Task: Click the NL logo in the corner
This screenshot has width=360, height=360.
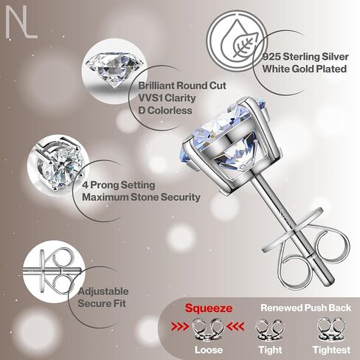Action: click(x=21, y=22)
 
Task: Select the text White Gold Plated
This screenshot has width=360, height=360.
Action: click(x=305, y=69)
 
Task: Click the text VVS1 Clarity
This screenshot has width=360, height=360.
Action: click(x=167, y=98)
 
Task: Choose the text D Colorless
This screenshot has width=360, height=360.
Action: click(x=165, y=110)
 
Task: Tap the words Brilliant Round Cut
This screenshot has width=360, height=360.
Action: click(x=182, y=86)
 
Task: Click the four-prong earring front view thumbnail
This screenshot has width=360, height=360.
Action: click(x=58, y=165)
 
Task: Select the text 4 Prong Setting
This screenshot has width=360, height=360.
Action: click(x=118, y=185)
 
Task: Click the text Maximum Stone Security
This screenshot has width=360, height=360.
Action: click(x=141, y=197)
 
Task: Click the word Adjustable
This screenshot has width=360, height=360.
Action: click(x=103, y=291)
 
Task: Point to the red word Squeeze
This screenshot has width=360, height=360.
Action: click(x=209, y=308)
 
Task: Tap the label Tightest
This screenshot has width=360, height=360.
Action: click(x=331, y=350)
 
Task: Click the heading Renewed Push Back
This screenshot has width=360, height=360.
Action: click(x=306, y=308)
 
